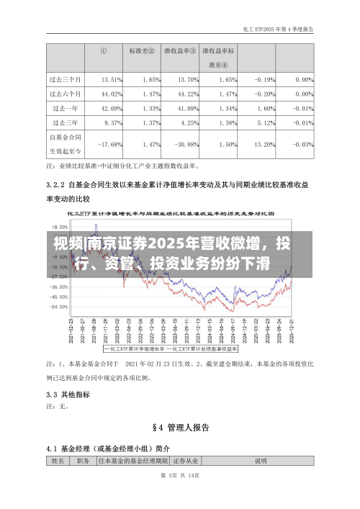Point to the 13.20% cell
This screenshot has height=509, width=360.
[265, 145]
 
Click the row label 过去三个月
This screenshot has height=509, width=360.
[65, 79]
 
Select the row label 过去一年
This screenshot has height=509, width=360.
[65, 109]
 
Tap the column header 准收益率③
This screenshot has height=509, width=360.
[181, 51]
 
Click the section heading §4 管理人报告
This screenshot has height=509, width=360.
[180, 428]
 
